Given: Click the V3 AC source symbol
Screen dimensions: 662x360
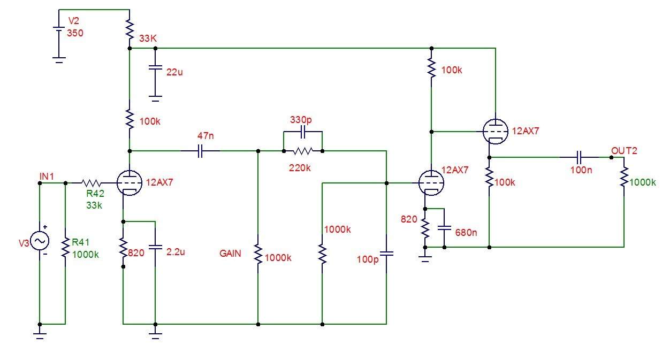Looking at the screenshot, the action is click(40, 240).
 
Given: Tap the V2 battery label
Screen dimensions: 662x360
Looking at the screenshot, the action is click(74, 21).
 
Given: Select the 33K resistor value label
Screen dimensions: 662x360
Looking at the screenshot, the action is click(148, 39).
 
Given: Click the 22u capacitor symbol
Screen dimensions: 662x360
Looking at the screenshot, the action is click(155, 67).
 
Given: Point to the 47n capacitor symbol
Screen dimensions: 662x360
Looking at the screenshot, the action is click(200, 151).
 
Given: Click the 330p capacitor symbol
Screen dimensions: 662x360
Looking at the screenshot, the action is click(302, 132).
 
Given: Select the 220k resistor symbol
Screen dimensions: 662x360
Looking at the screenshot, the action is click(303, 151).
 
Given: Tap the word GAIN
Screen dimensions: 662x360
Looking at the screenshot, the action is click(230, 254).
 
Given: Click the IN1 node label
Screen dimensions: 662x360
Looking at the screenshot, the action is click(47, 177).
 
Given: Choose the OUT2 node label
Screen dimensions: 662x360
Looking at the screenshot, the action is click(624, 151).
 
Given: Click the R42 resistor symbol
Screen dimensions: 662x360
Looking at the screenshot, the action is click(92, 183).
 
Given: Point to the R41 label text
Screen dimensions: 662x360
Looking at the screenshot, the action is click(80, 242).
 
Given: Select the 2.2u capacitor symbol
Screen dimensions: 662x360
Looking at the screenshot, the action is click(155, 247).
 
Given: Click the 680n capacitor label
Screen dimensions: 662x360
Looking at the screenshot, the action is click(466, 232).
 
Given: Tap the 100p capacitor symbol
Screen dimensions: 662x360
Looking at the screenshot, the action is click(386, 254).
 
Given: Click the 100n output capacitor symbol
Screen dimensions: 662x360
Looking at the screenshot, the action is click(579, 157).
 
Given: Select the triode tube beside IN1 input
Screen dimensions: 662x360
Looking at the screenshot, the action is click(130, 183).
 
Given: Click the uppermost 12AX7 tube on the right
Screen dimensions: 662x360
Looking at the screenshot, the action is click(496, 132).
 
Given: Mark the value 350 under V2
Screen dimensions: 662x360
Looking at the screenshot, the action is click(75, 33).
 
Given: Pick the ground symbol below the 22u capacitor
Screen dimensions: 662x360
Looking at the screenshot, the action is click(155, 98).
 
